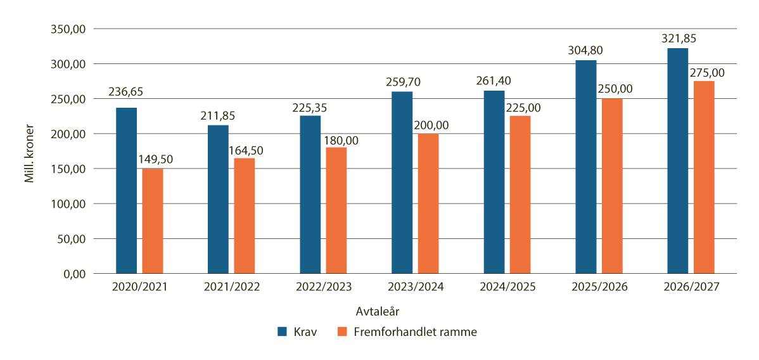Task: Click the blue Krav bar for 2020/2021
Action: click(x=127, y=191)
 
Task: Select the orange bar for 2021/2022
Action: click(x=245, y=216)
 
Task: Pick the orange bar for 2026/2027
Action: click(x=704, y=177)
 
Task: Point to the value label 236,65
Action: click(x=126, y=92)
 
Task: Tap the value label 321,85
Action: click(x=678, y=38)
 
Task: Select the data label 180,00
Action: click(x=337, y=140)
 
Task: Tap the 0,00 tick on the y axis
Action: click(x=73, y=274)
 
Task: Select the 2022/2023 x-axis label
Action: click(x=324, y=288)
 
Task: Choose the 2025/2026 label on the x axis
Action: click(x=599, y=288)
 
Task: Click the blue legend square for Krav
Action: click(x=283, y=331)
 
